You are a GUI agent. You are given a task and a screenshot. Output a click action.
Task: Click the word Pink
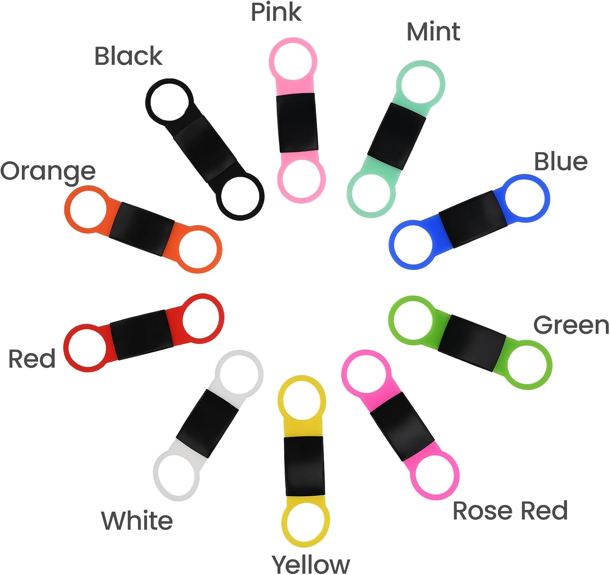point(276,12)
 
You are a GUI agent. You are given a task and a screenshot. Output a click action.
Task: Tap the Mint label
point(434,32)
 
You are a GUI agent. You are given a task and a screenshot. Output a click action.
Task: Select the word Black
point(129,56)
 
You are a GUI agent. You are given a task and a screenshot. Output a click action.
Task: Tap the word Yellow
point(311,564)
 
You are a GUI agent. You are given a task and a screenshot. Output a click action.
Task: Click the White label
point(137,521)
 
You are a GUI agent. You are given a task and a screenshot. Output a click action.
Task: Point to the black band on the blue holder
point(473,219)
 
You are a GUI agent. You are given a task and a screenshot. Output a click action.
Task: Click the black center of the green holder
point(472,343)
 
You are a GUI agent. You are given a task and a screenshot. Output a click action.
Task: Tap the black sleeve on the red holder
point(142,335)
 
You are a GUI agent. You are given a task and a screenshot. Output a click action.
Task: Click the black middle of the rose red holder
point(402,427)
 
